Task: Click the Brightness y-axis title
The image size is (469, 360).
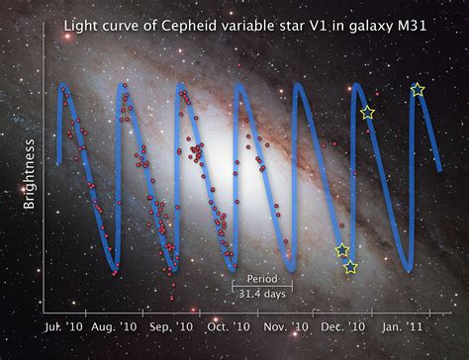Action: tap(31, 179)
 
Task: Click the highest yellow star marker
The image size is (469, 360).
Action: tap(418, 90)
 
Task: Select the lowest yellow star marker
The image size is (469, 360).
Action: tap(350, 267)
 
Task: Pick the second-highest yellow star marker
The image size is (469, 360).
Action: tap(367, 113)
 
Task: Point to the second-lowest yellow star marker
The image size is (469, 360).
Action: tap(342, 250)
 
